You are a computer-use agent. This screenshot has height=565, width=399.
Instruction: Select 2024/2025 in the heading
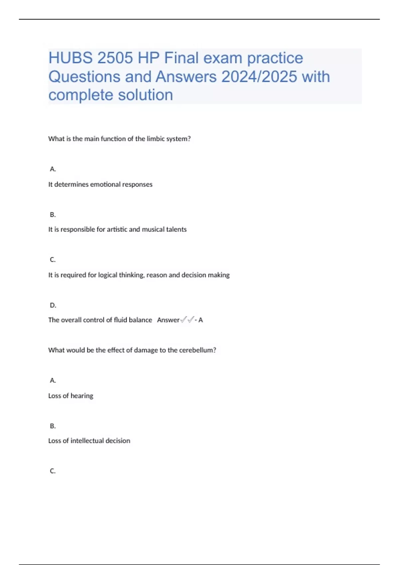[x=259, y=77]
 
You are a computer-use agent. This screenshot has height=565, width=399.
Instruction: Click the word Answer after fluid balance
[x=168, y=320]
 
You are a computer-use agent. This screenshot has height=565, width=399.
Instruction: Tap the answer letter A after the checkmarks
[x=200, y=320]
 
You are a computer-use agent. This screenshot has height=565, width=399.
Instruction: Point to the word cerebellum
[x=197, y=350]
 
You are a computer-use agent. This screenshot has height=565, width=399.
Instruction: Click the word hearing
[x=82, y=396]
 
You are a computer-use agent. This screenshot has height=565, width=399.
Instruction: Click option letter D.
[x=53, y=305]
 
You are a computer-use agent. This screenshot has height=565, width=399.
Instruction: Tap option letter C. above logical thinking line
[x=53, y=260]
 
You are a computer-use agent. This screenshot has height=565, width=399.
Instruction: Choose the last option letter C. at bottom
[x=53, y=471]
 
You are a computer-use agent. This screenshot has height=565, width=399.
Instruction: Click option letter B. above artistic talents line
[x=53, y=215]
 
